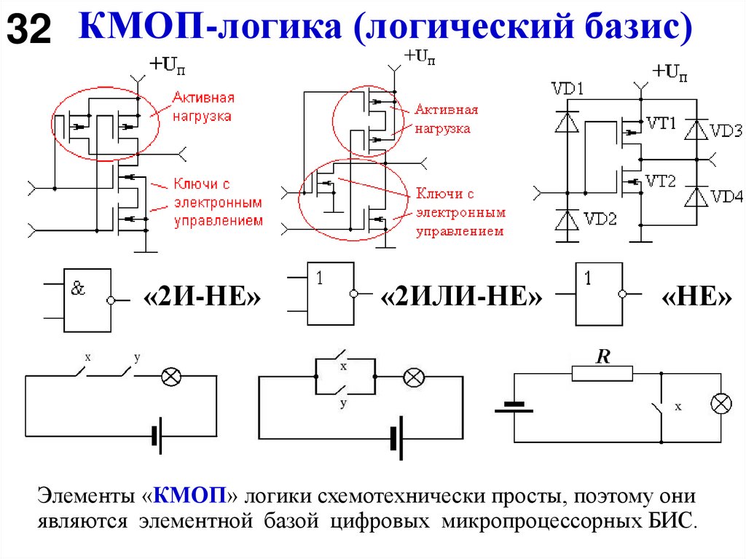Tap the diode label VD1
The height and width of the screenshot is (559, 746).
pos(568,90)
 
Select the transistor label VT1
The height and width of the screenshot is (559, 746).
pos(661,124)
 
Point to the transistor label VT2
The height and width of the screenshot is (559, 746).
pos(661,181)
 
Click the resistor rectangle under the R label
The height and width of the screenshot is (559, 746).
pos(602,374)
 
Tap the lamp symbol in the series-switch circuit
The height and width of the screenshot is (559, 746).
pos(171,376)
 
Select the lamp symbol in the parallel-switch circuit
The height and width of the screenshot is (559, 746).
pos(414,377)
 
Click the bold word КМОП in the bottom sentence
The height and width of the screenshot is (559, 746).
pos(192,498)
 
